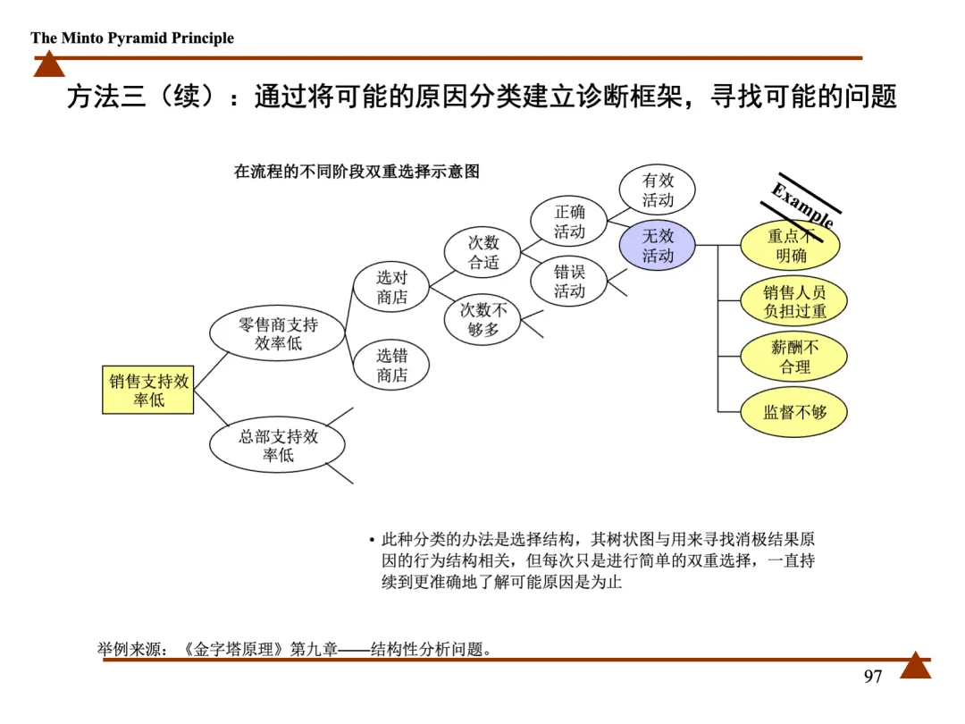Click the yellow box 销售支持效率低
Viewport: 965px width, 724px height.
pyautogui.click(x=149, y=391)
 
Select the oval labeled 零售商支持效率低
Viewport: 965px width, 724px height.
pyautogui.click(x=278, y=334)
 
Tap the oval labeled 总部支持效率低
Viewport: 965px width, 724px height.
pyautogui.click(x=278, y=445)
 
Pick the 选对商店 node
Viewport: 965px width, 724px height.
pyautogui.click(x=391, y=288)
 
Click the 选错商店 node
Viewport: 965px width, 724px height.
pyautogui.click(x=391, y=366)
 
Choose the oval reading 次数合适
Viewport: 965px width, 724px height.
pyautogui.click(x=483, y=253)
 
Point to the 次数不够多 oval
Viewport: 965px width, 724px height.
pyautogui.click(x=483, y=320)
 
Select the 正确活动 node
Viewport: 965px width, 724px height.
pyautogui.click(x=569, y=222)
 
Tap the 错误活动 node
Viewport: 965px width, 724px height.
pyautogui.click(x=569, y=282)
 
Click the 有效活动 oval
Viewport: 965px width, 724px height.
pyautogui.click(x=658, y=189)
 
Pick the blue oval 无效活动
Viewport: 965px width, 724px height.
pyautogui.click(x=658, y=246)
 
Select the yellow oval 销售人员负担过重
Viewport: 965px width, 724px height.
pyautogui.click(x=794, y=301)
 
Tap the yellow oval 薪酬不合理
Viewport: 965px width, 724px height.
pyautogui.click(x=794, y=357)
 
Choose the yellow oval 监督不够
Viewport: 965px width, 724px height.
pyautogui.click(x=794, y=412)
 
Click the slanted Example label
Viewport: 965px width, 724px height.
pyautogui.click(x=803, y=205)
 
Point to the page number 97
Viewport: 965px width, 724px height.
pyautogui.click(x=873, y=677)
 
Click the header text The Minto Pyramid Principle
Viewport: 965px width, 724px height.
pyautogui.click(x=132, y=38)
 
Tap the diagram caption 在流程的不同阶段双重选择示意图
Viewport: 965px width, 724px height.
pyautogui.click(x=357, y=172)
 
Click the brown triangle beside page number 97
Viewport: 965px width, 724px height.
pyautogui.click(x=915, y=666)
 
